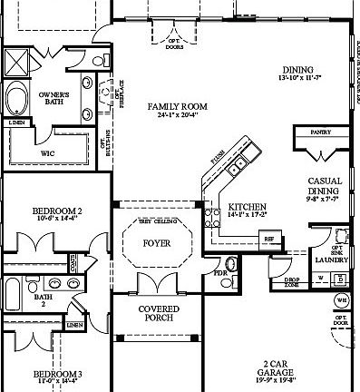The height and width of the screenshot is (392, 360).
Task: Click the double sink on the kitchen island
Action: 237,165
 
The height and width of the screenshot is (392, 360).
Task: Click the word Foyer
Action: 157,243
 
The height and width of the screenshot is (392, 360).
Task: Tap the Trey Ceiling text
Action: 156,222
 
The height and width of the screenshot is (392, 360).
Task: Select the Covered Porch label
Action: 158,313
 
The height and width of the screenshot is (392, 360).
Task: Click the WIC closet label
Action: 47,154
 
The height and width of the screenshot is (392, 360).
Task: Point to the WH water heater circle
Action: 342,299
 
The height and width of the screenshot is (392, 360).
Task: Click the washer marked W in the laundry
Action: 319,279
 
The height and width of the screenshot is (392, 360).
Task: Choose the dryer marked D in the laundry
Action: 340,279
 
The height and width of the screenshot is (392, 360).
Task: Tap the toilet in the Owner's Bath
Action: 97,62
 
